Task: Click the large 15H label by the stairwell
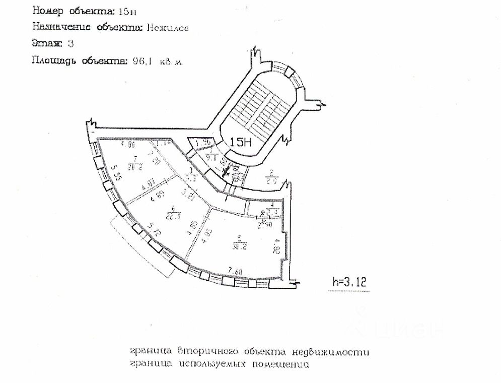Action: point(240,142)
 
